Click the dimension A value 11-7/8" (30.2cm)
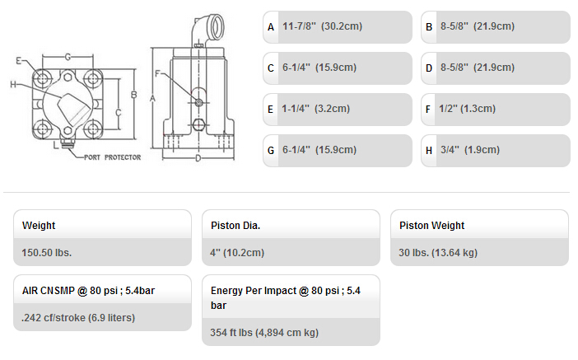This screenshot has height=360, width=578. [x=322, y=26]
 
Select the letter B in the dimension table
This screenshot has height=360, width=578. [x=429, y=27]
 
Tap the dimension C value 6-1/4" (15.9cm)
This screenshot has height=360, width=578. [x=319, y=68]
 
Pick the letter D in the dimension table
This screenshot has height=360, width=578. [x=429, y=68]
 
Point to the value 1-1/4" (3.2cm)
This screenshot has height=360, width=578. [x=315, y=109]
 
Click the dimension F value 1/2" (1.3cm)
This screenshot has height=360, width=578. [x=467, y=109]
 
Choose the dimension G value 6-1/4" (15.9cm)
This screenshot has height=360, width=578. [x=319, y=150]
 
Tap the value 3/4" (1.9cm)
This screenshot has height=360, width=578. [x=470, y=150]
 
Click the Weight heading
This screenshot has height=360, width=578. [x=39, y=226]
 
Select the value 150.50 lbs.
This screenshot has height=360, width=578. [x=46, y=253]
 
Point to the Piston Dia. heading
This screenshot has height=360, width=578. [x=235, y=226]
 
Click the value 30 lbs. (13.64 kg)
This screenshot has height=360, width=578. [x=438, y=253]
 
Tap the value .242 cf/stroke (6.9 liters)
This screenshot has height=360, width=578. [x=78, y=318]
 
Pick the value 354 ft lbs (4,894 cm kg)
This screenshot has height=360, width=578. [x=264, y=332]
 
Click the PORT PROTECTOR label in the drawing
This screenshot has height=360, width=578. [x=113, y=157]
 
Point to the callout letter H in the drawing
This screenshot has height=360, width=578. [x=13, y=85]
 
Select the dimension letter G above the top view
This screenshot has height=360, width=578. [x=68, y=57]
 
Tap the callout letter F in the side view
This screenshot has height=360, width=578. [x=158, y=74]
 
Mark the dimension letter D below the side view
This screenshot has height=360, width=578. [x=198, y=159]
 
